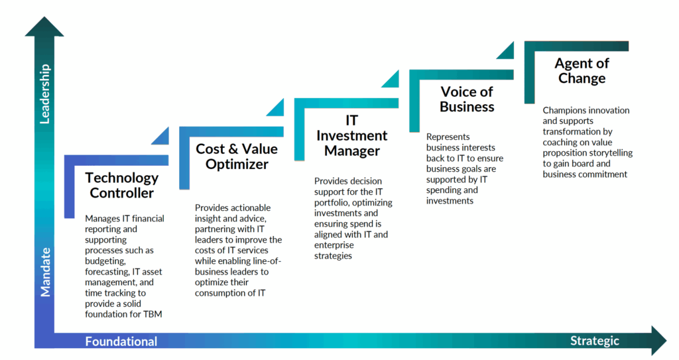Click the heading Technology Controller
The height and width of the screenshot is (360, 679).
[122, 186]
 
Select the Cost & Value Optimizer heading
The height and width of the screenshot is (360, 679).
[237, 156]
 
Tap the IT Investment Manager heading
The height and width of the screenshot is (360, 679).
[351, 136]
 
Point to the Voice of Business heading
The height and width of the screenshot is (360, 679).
[467, 99]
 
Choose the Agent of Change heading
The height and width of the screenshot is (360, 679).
[582, 71]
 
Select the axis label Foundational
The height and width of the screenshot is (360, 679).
[121, 341]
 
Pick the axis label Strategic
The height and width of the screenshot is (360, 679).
[594, 341]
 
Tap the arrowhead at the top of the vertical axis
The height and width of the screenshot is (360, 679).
[44, 27]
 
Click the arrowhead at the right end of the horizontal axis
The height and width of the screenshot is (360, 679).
[658, 340]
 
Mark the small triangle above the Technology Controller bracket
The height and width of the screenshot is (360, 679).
[160, 136]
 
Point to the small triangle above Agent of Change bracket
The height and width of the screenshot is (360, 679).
[505, 50]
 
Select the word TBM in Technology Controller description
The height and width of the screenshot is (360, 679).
[152, 314]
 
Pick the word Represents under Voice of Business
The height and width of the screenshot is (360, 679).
[448, 137]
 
